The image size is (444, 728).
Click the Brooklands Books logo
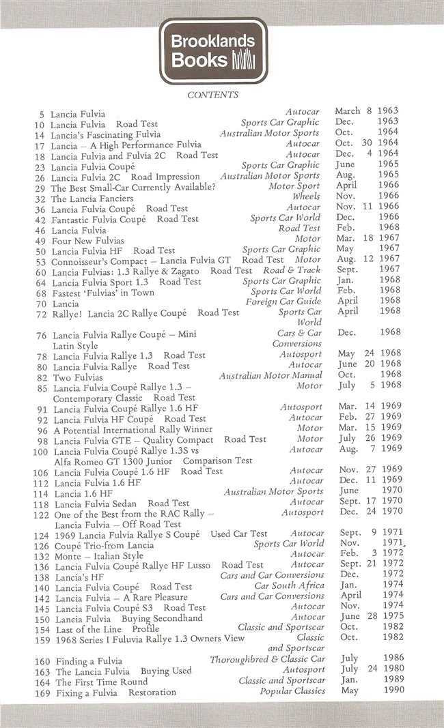coord(212,50)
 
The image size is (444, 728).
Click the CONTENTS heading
coord(212,95)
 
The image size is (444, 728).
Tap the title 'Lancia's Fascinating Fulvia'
coord(106,134)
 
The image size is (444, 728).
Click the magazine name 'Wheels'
coord(306,196)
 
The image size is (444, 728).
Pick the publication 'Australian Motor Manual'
coord(270,375)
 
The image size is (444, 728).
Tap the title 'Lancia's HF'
coord(77,577)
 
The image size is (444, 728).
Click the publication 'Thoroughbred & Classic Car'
coord(268,659)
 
